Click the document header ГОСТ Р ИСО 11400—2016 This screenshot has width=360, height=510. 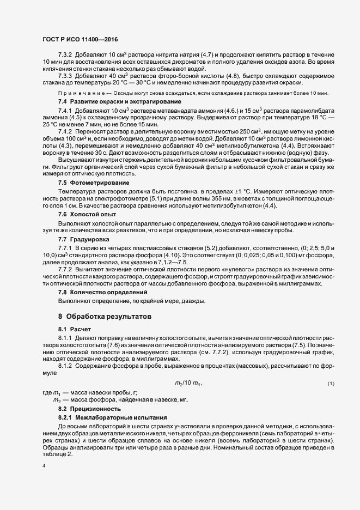pyautogui.click(x=80, y=39)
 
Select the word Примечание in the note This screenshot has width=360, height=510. pyautogui.click(x=79, y=94)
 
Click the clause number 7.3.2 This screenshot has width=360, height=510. pyautogui.click(x=65, y=56)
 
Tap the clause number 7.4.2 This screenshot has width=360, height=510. pyautogui.click(x=65, y=132)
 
